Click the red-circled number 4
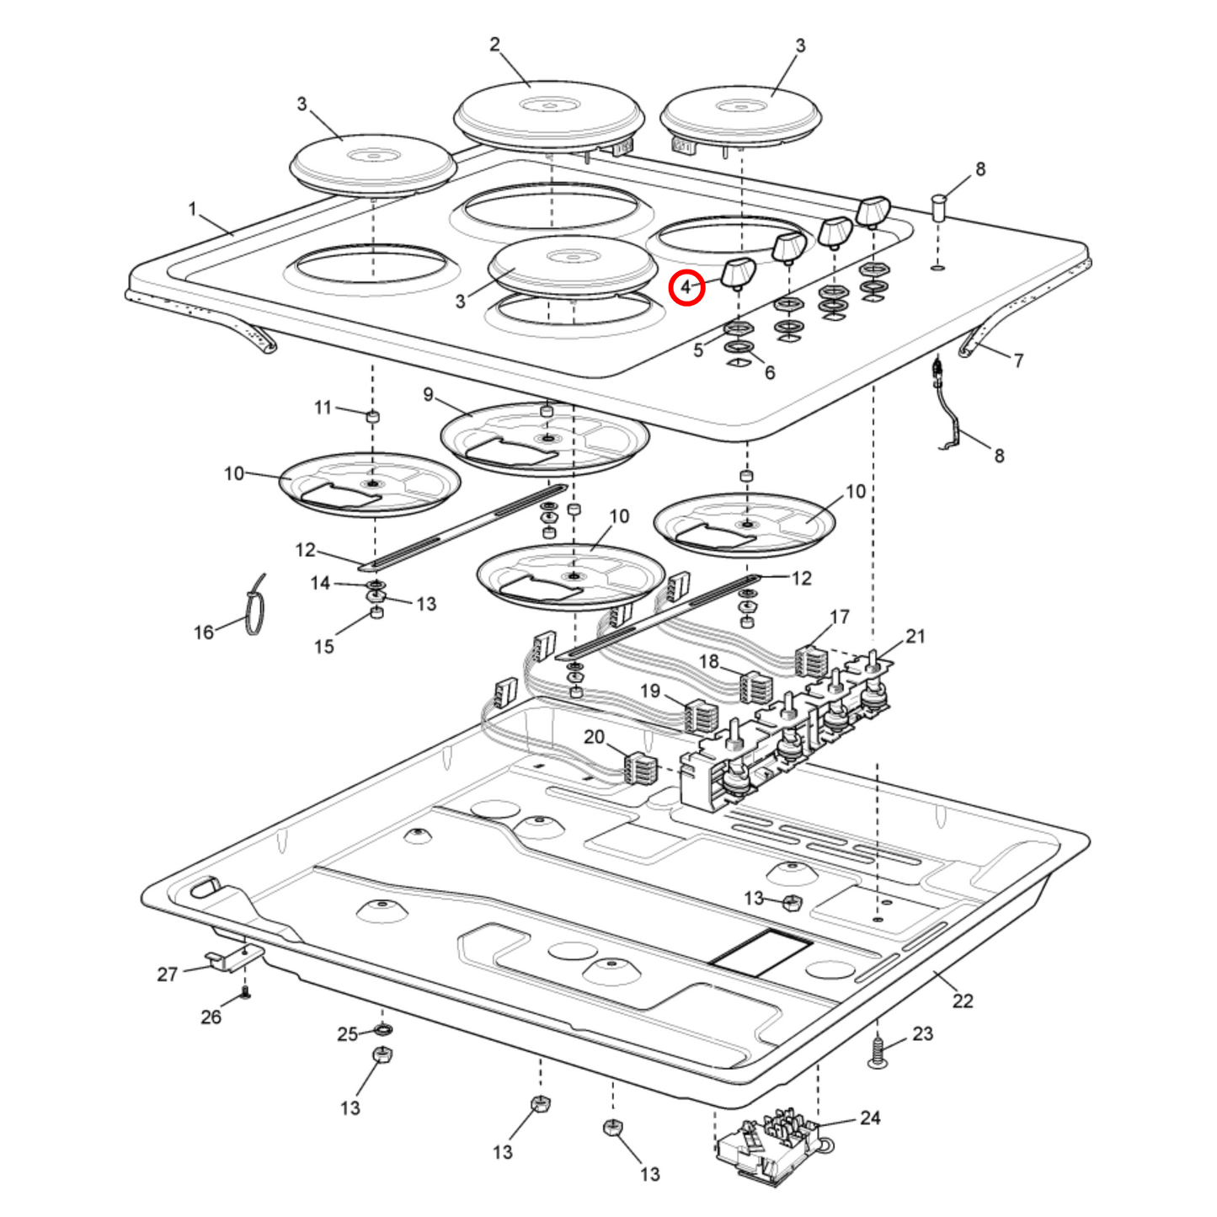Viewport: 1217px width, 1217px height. point(686,288)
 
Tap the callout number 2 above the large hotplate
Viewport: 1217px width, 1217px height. point(494,45)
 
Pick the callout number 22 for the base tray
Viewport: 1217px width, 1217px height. point(962,1001)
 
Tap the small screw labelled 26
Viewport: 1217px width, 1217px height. point(245,994)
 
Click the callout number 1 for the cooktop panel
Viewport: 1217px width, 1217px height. point(192,208)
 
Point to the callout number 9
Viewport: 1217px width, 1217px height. point(428,394)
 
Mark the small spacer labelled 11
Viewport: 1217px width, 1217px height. point(371,416)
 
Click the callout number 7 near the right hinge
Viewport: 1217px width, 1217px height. point(1018,360)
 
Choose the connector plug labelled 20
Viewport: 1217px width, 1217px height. point(639,768)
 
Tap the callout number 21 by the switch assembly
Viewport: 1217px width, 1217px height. point(915,637)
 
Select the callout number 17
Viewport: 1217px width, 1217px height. point(840,617)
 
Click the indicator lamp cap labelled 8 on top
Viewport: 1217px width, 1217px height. point(938,207)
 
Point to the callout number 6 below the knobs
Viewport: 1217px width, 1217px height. point(769,372)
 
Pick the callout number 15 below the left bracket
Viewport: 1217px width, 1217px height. point(324,647)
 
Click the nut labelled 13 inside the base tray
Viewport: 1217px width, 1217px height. point(790,904)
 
